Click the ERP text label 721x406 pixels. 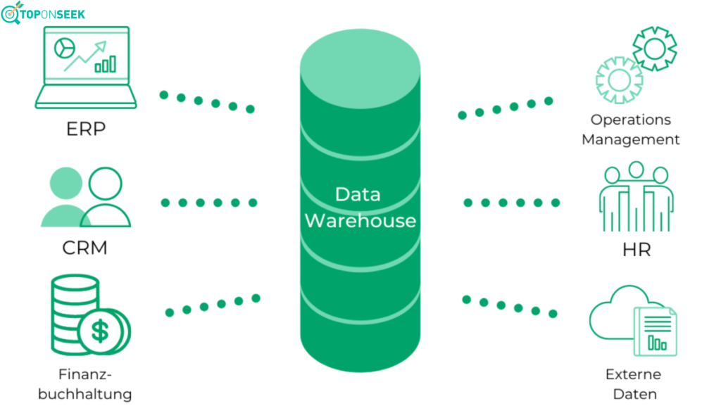point(86,130)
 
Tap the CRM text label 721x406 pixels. point(84,248)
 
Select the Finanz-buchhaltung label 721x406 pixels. point(84,383)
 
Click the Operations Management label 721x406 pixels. point(630,129)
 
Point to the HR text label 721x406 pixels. point(636,250)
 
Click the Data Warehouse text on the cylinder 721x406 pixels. point(360,207)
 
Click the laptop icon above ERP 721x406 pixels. point(86,68)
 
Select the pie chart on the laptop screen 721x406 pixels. point(66,47)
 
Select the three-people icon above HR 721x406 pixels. point(636,198)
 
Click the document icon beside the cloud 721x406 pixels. point(655,331)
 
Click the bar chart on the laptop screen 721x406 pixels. point(105,65)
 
